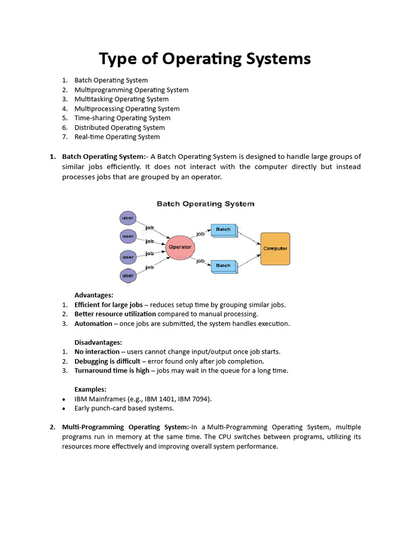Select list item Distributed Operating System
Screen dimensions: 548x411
119,127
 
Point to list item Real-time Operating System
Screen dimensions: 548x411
117,136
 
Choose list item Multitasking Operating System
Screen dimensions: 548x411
121,99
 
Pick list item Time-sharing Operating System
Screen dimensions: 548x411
122,118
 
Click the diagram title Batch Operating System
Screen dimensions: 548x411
205,204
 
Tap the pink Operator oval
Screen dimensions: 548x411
180,247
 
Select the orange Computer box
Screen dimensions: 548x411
275,249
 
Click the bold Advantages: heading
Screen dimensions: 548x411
94,295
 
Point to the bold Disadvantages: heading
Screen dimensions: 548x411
98,342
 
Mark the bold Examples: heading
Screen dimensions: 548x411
90,389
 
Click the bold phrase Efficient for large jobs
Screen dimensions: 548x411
109,305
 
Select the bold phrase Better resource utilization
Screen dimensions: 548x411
115,314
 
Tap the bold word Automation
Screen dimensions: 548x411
93,323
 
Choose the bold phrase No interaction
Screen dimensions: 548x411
97,352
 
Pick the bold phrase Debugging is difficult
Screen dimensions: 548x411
108,361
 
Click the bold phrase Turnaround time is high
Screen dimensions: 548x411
112,370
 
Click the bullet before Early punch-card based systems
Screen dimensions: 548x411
64,409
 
